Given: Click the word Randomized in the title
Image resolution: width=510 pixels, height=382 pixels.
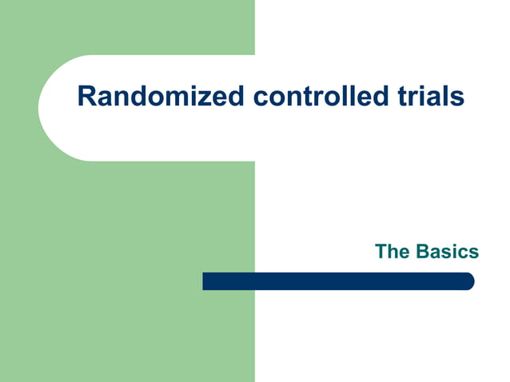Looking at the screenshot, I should tap(161, 97).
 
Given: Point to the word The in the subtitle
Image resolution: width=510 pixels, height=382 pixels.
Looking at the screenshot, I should tap(392, 252).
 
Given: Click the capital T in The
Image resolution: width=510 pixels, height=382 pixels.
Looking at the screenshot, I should tap(382, 252).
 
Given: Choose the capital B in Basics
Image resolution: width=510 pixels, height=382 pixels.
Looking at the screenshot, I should tap(422, 252).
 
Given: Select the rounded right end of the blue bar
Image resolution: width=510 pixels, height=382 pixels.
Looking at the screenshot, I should tap(469, 281).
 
